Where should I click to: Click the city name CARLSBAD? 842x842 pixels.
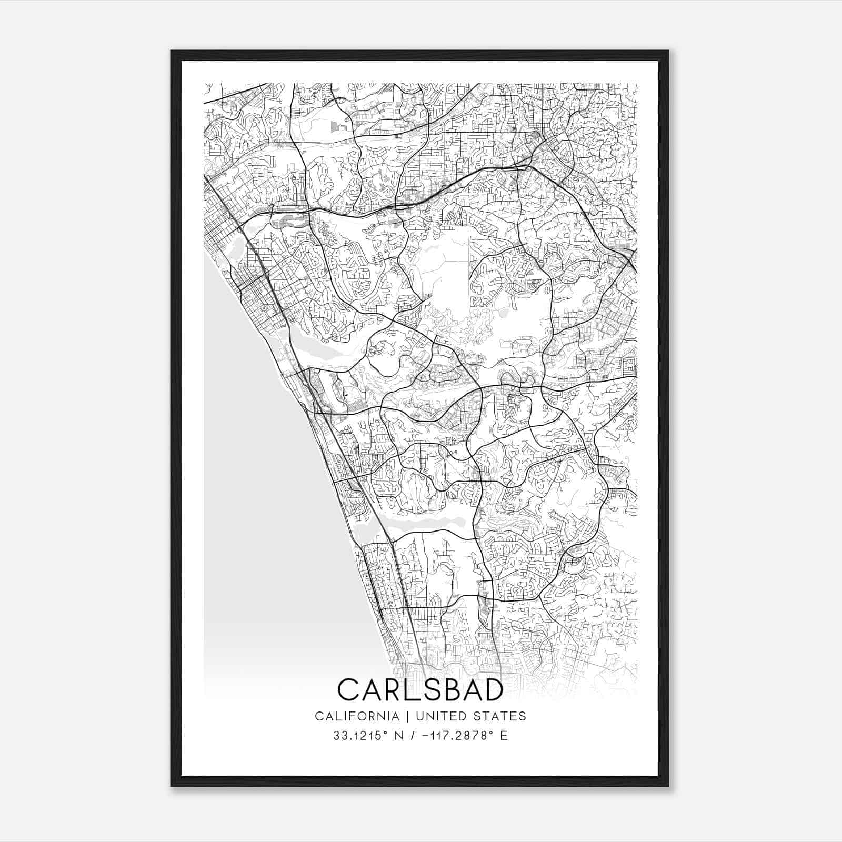(420, 690)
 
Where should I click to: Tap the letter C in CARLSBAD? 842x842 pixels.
(348, 690)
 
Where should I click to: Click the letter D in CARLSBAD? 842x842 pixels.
(494, 690)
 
